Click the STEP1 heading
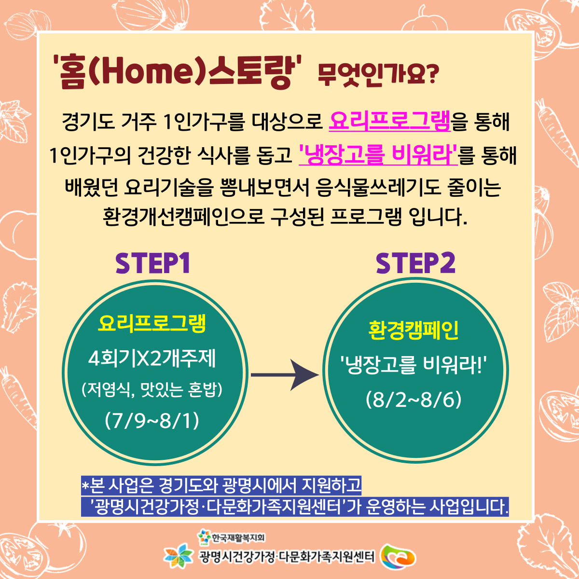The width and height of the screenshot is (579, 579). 152,263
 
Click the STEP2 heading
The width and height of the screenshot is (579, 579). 415,263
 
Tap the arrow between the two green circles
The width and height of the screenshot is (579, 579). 285,375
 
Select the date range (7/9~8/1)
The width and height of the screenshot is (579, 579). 152,421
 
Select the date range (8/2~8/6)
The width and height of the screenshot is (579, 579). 414,400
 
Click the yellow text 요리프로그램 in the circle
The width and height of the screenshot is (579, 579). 152,324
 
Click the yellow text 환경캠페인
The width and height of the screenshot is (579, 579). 414,330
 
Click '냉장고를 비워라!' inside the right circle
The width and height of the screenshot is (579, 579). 414,366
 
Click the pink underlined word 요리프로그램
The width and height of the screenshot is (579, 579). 390,122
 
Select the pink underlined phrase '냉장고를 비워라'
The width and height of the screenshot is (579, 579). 378,154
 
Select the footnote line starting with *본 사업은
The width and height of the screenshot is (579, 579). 221,485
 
